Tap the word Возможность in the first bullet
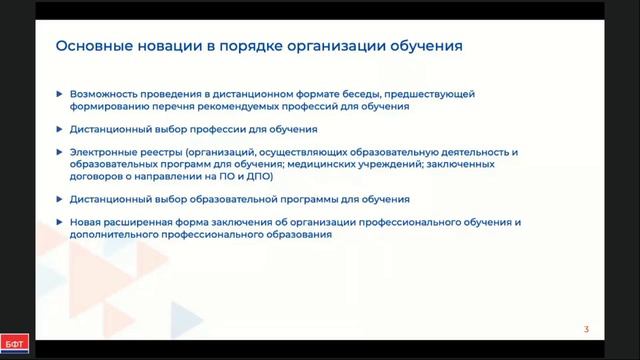105,94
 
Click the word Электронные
103,152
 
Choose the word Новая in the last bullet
86,221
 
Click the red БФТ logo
15,345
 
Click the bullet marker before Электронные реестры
60,152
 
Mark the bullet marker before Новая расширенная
60,221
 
